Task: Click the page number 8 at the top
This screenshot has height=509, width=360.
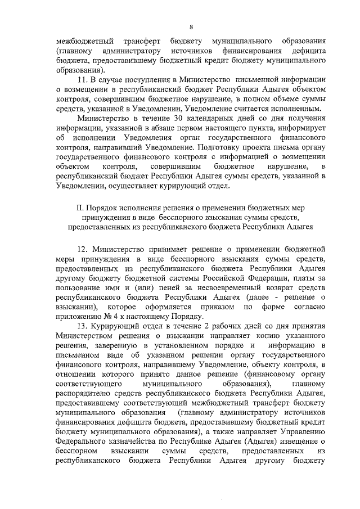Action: (x=191, y=26)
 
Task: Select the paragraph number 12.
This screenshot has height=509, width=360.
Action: (x=84, y=248)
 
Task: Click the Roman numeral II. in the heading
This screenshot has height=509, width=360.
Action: (x=80, y=206)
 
